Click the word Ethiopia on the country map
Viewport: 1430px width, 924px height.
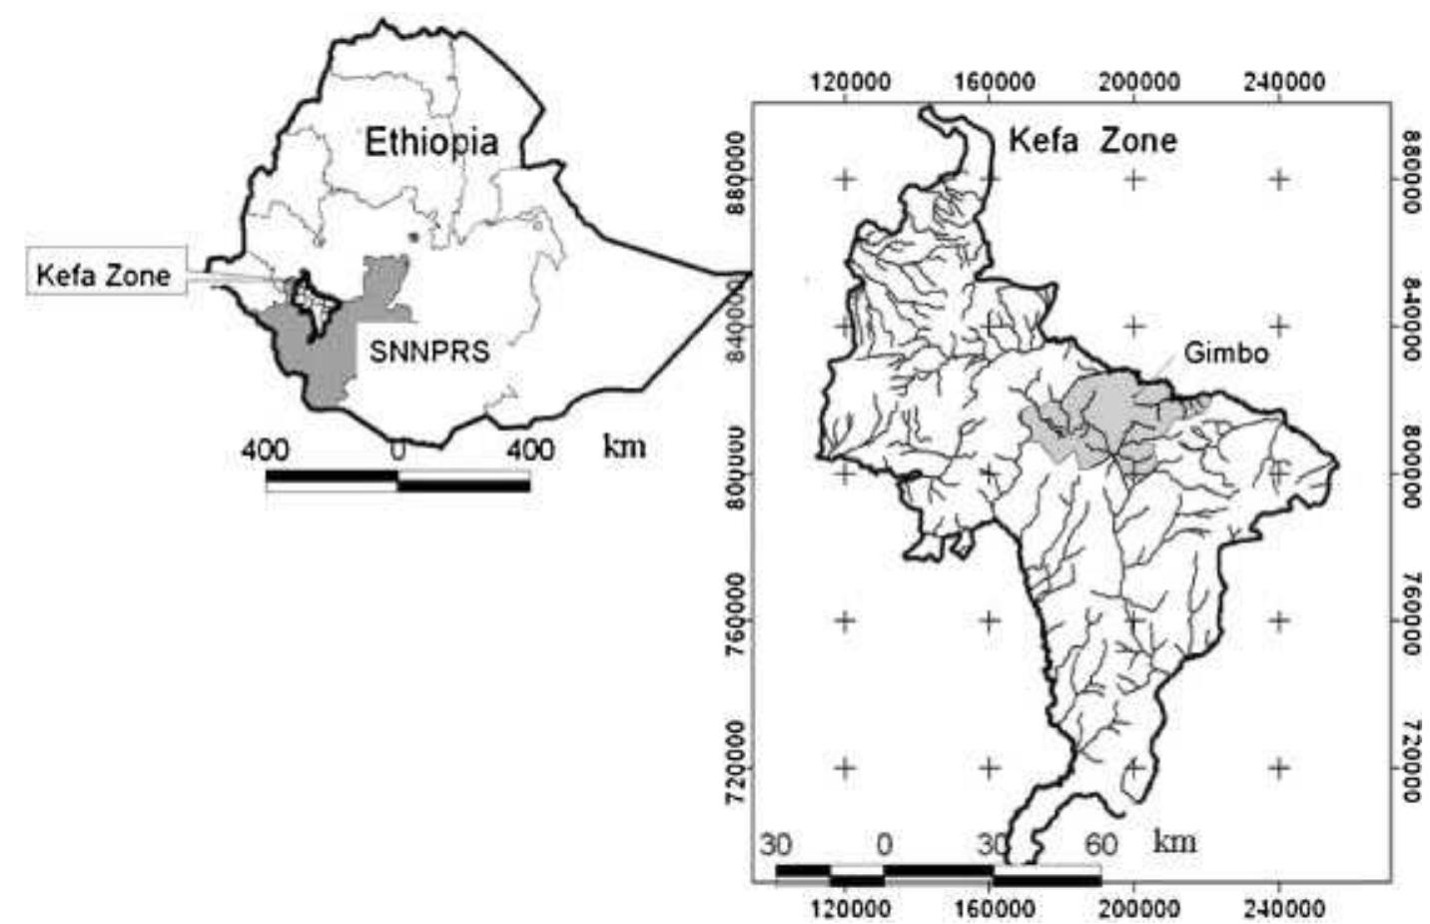click(430, 142)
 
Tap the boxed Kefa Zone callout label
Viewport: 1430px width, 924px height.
click(104, 275)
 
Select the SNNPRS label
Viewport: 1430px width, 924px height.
click(429, 352)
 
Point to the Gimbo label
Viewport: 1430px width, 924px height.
click(1225, 353)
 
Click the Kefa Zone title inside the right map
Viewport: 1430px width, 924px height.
click(1092, 140)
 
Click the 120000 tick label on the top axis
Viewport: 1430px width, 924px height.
click(850, 82)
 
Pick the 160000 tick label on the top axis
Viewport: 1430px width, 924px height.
click(994, 82)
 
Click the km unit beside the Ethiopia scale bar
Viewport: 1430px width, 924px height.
click(624, 446)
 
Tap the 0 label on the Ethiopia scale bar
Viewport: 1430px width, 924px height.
click(397, 452)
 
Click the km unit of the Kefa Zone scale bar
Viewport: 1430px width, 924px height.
click(1174, 841)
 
